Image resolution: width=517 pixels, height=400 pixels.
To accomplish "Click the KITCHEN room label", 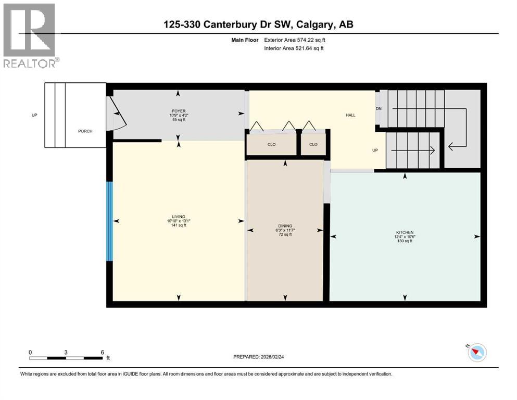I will click(405, 232).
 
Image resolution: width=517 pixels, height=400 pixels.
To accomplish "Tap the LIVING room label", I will click(179, 217).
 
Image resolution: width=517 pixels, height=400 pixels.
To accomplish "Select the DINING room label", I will click(285, 226).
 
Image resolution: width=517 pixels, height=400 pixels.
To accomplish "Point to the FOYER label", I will click(179, 111).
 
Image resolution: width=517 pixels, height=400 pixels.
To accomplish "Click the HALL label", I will click(350, 115).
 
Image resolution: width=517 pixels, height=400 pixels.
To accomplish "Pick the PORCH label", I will click(85, 131).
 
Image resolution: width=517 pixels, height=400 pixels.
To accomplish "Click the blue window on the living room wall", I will click(109, 221).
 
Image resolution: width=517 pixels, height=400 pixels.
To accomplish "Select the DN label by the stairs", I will click(379, 109).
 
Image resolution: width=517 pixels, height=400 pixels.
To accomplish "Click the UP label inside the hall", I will click(374, 150).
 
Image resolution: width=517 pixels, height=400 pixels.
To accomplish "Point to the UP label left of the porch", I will click(34, 115).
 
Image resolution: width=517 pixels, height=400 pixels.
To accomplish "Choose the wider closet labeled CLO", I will click(271, 144).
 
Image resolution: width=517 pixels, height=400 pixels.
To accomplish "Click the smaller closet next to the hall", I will click(313, 144).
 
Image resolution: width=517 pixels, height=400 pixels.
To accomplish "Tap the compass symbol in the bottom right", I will click(476, 353).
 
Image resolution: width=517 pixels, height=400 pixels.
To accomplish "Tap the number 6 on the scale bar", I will click(102, 352).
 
